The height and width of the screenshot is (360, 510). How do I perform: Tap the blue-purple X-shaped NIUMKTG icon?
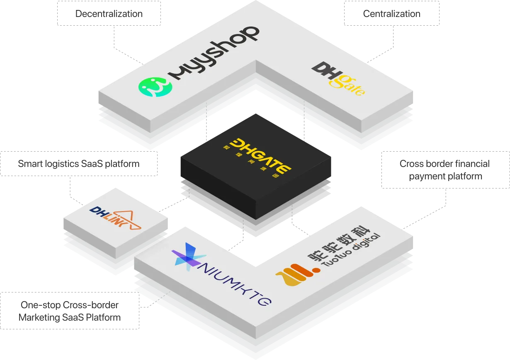(x=186, y=256)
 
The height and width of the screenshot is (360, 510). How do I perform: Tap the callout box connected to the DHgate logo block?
(x=391, y=15)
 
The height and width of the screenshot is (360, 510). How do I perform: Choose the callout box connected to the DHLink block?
(x=79, y=164)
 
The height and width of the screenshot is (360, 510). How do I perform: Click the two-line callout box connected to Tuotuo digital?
(x=445, y=170)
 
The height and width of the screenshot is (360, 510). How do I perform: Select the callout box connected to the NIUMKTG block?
(x=69, y=312)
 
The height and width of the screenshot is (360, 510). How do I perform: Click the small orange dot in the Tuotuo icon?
(x=316, y=270)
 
